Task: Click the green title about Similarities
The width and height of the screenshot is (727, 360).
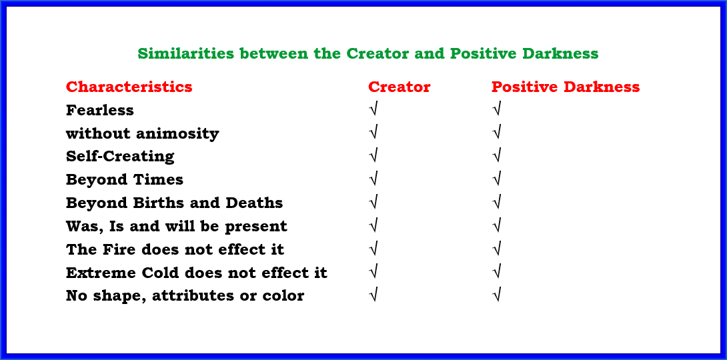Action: tap(368, 54)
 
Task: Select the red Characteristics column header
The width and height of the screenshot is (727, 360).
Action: tap(129, 87)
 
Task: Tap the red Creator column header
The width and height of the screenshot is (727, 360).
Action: tap(400, 87)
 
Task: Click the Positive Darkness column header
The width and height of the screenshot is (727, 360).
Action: tap(566, 87)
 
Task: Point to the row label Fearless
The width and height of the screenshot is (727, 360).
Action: tap(99, 110)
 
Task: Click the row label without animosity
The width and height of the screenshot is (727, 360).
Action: tap(142, 133)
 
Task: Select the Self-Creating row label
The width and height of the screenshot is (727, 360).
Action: tap(120, 157)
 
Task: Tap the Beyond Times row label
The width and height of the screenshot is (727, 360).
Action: tap(125, 180)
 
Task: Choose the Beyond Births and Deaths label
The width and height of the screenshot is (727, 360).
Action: tap(174, 203)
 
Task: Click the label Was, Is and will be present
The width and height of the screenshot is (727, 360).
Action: tap(177, 226)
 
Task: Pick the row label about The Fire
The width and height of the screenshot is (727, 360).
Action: tap(175, 249)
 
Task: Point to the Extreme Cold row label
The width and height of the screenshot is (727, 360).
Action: tap(197, 273)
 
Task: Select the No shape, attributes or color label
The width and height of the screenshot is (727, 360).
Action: tap(185, 295)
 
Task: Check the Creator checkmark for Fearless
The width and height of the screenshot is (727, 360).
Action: tap(374, 110)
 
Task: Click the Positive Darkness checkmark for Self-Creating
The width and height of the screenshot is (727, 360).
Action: tap(497, 156)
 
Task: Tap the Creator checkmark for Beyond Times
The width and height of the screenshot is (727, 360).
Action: tap(374, 179)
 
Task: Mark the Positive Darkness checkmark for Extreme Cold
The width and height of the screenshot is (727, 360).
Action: tap(497, 272)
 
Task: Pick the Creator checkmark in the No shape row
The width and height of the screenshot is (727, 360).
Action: tap(374, 295)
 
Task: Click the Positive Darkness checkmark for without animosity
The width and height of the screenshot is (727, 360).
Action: tap(497, 133)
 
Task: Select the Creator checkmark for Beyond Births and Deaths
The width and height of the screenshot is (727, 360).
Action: tap(374, 203)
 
